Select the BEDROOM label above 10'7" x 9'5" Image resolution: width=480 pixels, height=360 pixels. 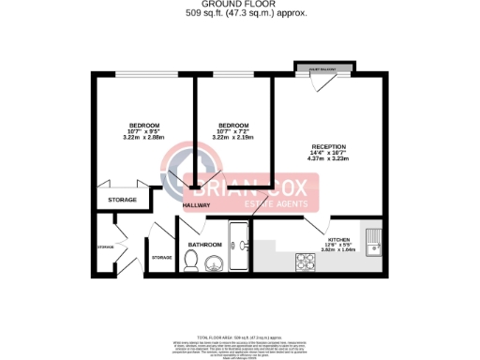point(144,126)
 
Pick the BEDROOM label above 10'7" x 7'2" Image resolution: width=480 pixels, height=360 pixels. point(233,126)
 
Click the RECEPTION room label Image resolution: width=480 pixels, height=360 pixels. point(329,147)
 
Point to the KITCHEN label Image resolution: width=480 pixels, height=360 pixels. point(338,241)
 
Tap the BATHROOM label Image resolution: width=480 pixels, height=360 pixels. point(204,245)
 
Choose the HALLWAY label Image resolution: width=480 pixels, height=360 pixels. point(197,204)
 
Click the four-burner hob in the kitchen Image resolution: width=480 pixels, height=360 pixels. point(306,259)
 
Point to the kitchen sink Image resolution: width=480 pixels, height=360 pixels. point(372,242)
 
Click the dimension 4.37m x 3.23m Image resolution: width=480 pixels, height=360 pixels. point(329,160)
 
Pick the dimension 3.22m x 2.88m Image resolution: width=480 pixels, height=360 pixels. point(144,138)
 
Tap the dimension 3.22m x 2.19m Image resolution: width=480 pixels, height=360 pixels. point(233,138)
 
